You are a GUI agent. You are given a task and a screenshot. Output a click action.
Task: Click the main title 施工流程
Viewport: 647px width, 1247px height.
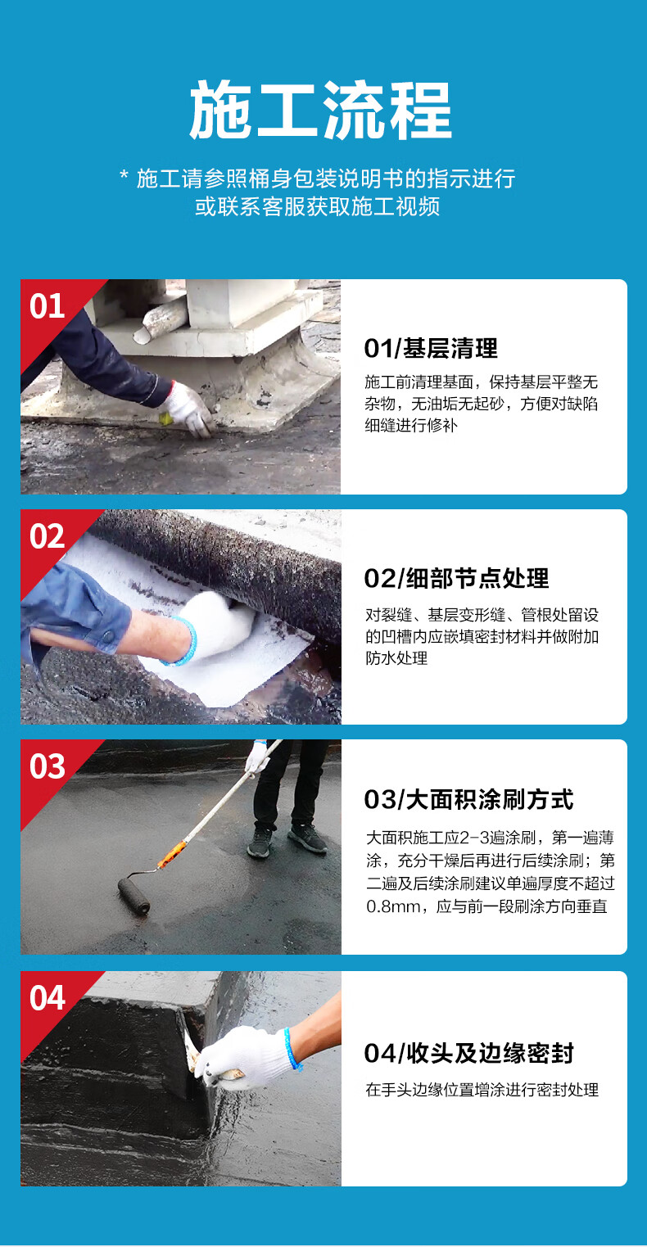[x=321, y=110]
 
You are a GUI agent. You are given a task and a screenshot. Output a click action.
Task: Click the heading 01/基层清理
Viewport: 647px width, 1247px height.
[x=431, y=349]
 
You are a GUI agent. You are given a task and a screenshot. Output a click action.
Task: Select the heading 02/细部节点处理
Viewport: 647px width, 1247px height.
[x=456, y=578]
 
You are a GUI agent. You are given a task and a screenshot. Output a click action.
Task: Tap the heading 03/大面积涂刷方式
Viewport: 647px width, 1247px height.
[x=468, y=799]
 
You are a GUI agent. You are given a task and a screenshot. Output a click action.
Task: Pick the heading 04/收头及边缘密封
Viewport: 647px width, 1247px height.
[x=468, y=1053]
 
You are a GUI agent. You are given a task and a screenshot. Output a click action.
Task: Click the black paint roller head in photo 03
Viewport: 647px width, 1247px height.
[x=133, y=895]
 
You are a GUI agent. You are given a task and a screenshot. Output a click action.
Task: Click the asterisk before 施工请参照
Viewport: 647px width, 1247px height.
[x=124, y=175]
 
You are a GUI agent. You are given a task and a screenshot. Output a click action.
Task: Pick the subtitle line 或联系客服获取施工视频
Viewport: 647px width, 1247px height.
[x=318, y=206]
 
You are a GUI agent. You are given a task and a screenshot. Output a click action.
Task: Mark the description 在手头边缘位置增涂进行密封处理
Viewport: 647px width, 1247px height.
[x=482, y=1090]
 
